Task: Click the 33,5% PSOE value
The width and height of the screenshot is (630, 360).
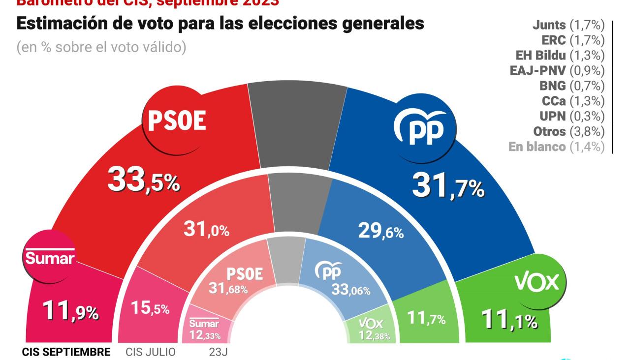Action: click(x=143, y=181)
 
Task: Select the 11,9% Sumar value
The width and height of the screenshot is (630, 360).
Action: click(x=70, y=311)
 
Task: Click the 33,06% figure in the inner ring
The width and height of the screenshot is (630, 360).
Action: click(x=351, y=290)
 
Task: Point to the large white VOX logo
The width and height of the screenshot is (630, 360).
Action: click(x=537, y=282)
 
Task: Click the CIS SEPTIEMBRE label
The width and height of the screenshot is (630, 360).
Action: click(x=66, y=352)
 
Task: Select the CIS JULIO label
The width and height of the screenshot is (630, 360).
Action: click(x=151, y=352)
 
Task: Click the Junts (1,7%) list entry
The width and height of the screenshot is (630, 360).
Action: click(x=568, y=25)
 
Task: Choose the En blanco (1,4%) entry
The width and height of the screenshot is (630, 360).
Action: click(x=556, y=147)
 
